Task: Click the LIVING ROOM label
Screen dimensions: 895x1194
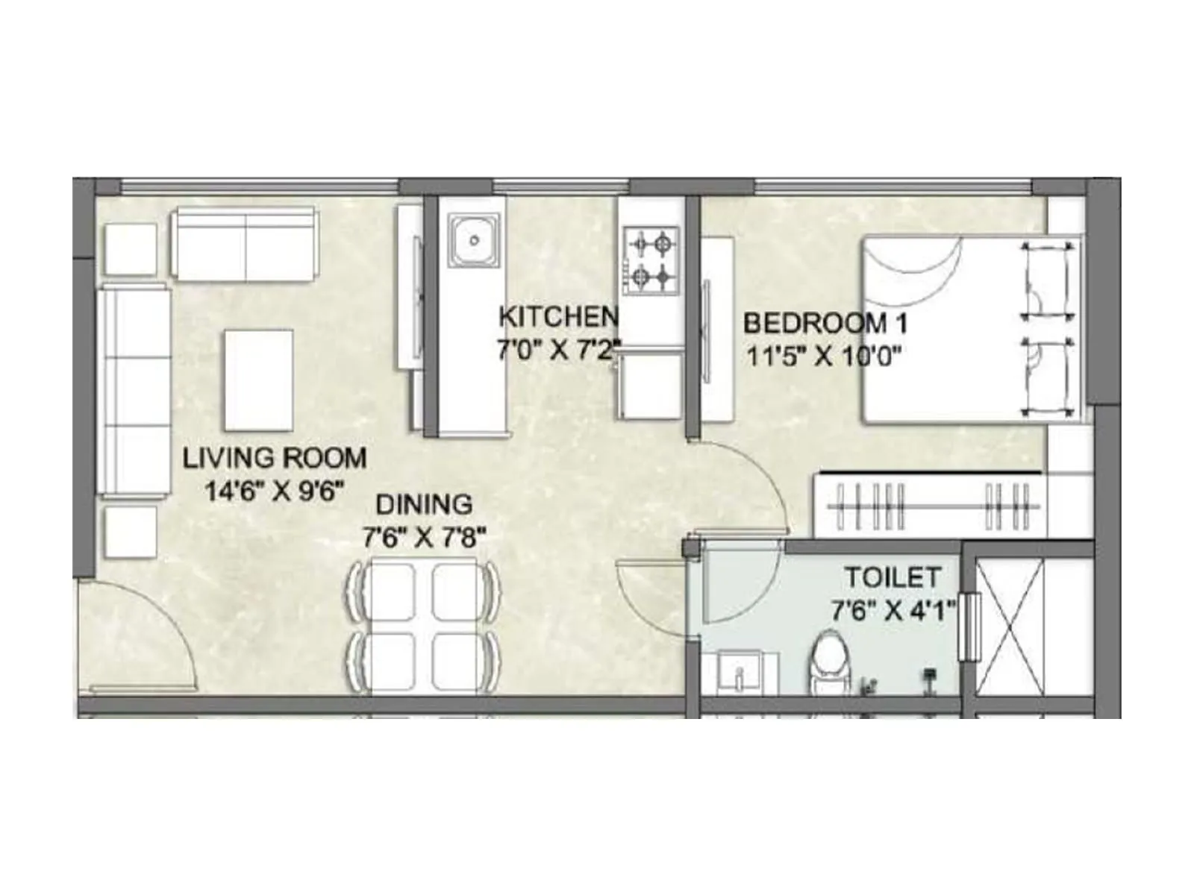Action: point(275,457)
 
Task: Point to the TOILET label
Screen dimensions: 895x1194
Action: point(893,577)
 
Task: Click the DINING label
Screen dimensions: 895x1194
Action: point(423,504)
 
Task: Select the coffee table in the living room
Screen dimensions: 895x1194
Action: point(259,380)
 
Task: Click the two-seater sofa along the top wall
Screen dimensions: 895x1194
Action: point(244,244)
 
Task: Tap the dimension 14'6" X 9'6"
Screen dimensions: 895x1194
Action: point(275,492)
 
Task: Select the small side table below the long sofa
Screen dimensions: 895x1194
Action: point(131,531)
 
